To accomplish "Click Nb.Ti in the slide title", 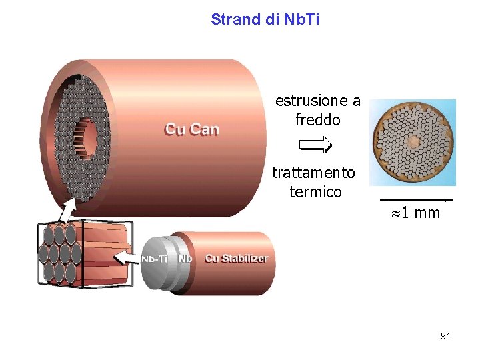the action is (302, 19).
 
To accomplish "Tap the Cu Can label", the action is (191, 129).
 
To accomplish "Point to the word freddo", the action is (318, 120).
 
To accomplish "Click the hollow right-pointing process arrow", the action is (315, 144).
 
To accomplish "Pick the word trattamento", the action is (314, 173).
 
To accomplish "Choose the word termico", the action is (315, 192).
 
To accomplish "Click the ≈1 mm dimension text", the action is (416, 213).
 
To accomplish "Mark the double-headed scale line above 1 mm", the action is (416, 199).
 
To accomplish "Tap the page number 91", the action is (445, 336).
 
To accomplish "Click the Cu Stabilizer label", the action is (237, 259).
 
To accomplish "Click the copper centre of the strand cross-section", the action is (413, 142).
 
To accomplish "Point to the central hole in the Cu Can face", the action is (85, 138).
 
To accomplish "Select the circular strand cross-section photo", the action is (413, 142).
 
